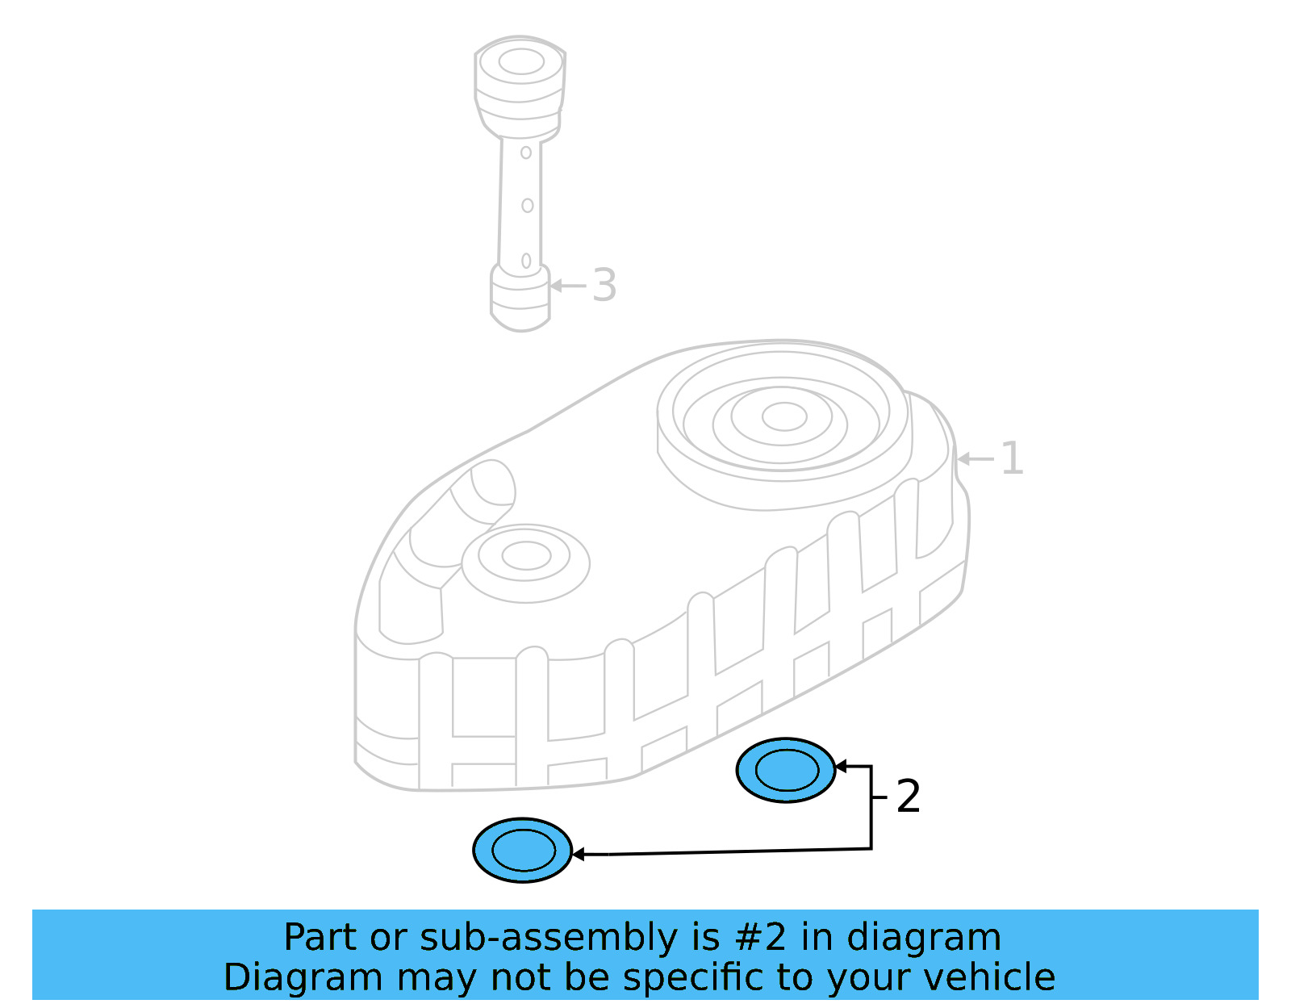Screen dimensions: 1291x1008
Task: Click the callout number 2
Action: [908, 797]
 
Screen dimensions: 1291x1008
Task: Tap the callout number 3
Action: [604, 285]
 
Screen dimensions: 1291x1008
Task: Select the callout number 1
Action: [1011, 458]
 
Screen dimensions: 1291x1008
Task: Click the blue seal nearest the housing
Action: [786, 770]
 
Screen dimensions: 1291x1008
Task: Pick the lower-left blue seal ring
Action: [523, 850]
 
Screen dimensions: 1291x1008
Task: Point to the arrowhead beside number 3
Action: [556, 286]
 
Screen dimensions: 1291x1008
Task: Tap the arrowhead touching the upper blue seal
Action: [840, 766]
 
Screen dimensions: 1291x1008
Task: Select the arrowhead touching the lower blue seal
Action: [578, 854]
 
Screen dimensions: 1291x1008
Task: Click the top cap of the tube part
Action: [520, 62]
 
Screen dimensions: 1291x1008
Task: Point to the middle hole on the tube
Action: [527, 206]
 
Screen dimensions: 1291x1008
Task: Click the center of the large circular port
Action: [783, 416]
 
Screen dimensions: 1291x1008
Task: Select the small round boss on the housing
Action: [525, 556]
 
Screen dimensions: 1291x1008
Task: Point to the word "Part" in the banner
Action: [320, 937]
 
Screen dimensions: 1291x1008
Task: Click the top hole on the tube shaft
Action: [526, 153]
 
